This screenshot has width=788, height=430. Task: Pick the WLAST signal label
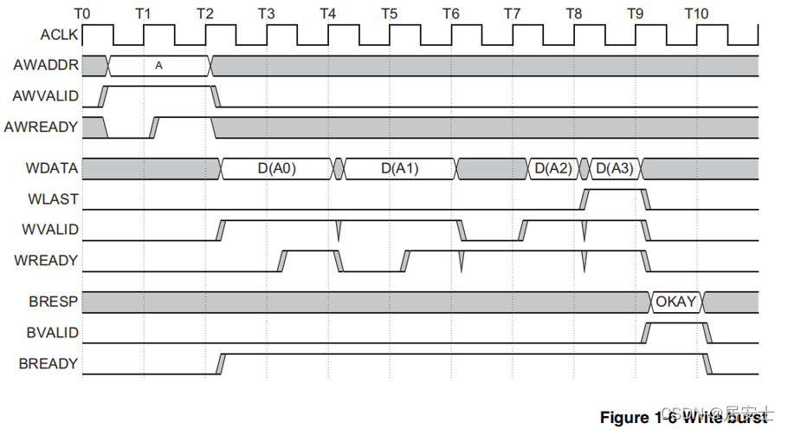58,199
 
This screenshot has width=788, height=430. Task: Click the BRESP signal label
56,302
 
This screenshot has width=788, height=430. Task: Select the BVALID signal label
55,332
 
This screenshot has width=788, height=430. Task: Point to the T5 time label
389,13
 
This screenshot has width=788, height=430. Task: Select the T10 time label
695,13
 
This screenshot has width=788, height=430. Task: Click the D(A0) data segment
277,168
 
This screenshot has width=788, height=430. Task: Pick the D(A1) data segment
399,168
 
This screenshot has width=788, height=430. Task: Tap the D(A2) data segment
552,168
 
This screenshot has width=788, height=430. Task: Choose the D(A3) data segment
615,168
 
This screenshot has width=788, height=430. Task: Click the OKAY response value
676,302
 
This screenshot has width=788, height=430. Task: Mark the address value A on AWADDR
158,65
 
